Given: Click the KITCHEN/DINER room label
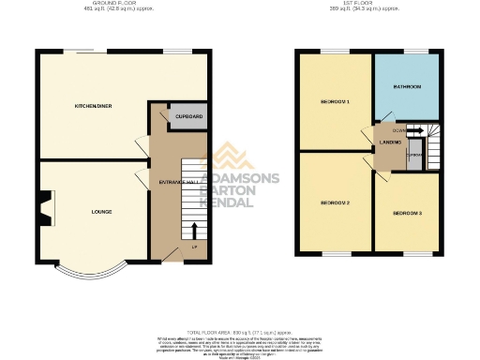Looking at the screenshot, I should [x=94, y=106].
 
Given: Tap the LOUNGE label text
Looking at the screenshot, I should [x=101, y=212].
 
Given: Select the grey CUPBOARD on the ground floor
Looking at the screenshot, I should [x=189, y=117].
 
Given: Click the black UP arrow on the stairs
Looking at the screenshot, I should [x=195, y=229].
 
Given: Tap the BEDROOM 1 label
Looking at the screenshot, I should [x=334, y=100].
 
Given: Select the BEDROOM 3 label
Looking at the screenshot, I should [x=407, y=214].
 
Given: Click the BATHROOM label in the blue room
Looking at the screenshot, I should [x=406, y=86].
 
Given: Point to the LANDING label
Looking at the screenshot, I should [x=390, y=143].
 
